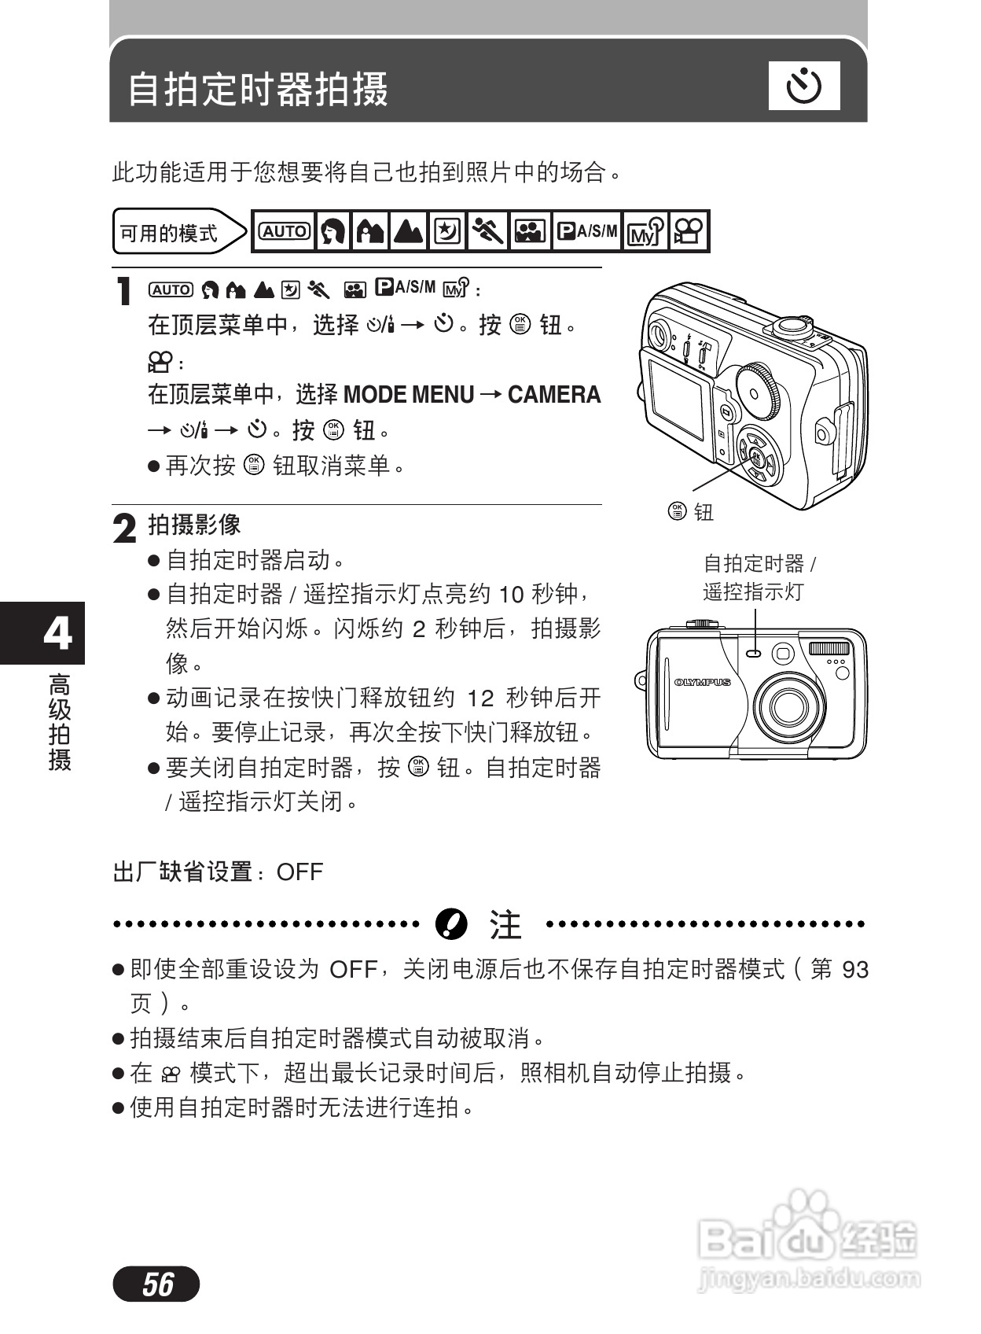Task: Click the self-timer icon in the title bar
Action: [803, 86]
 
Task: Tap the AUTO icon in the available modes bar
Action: [284, 231]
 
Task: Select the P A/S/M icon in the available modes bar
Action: [586, 231]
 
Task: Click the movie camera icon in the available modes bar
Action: [689, 231]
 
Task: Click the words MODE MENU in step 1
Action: [409, 394]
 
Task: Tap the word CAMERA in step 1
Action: [554, 394]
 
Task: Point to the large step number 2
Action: [125, 529]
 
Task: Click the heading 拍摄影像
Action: [194, 525]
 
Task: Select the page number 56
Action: [156, 1284]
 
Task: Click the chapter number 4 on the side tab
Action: [57, 632]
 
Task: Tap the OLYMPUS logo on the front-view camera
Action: [702, 682]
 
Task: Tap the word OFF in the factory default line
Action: [299, 872]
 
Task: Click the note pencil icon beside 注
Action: [451, 924]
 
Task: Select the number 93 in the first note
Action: [854, 969]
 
